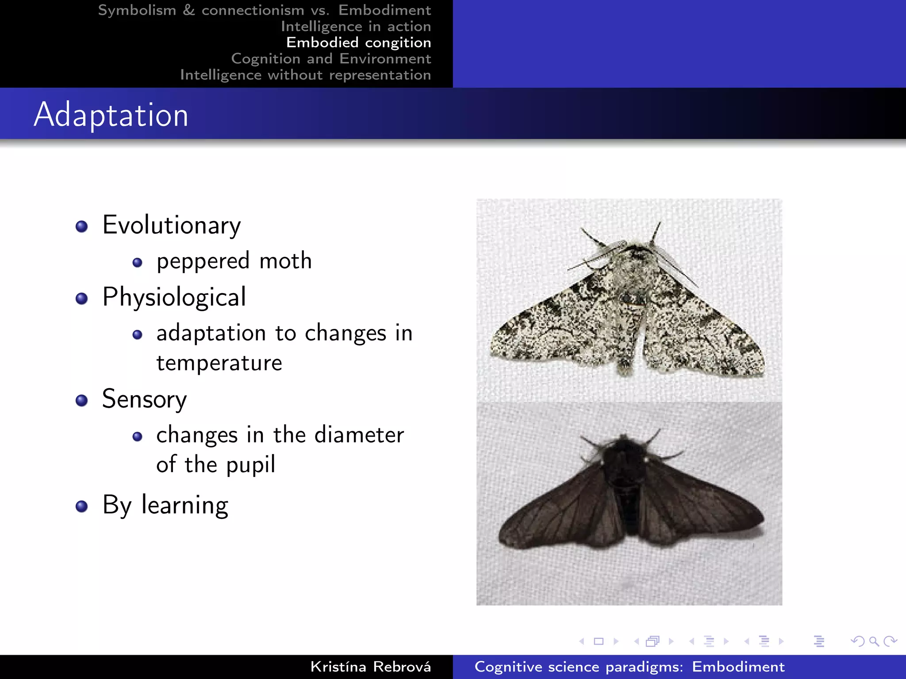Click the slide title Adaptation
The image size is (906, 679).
(x=111, y=115)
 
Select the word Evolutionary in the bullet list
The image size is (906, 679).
(x=172, y=225)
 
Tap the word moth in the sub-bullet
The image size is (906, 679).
(x=285, y=261)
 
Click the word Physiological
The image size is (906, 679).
(x=174, y=297)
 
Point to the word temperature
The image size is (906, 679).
(x=219, y=363)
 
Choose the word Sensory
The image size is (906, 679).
(x=144, y=399)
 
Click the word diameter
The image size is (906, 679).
(x=359, y=435)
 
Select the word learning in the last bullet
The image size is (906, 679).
(x=184, y=505)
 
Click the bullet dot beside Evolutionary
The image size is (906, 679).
(x=81, y=227)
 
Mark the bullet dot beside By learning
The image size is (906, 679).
(x=81, y=506)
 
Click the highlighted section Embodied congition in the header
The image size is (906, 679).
(x=358, y=42)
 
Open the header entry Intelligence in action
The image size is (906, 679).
(x=356, y=27)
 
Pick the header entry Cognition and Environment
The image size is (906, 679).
(x=331, y=59)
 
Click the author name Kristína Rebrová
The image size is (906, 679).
(x=370, y=667)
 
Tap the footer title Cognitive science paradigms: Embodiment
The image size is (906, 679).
(x=629, y=667)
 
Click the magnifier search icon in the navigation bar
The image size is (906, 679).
(x=874, y=641)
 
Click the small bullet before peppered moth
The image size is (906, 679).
(x=137, y=263)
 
